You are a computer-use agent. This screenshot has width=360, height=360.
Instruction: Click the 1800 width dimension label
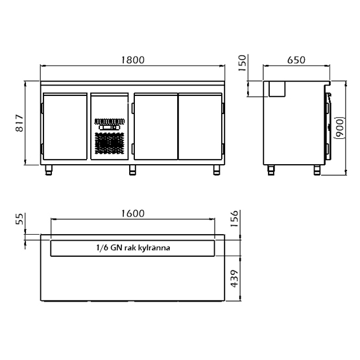pyautogui.click(x=133, y=60)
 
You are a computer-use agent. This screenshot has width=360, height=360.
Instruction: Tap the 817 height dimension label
pyautogui.click(x=19, y=123)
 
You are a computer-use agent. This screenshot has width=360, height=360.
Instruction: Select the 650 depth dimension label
pyautogui.click(x=296, y=60)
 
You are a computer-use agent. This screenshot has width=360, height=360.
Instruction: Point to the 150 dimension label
pyautogui.click(x=242, y=63)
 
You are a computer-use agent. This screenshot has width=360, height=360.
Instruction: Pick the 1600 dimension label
pyautogui.click(x=133, y=213)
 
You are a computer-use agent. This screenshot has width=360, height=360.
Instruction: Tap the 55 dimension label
pyautogui.click(x=19, y=219)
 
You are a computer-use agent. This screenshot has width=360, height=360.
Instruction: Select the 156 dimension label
pyautogui.click(x=234, y=219)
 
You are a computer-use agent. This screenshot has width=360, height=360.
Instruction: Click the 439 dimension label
pyautogui.click(x=234, y=278)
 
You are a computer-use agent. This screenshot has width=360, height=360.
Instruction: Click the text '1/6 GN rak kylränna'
pyautogui.click(x=133, y=248)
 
